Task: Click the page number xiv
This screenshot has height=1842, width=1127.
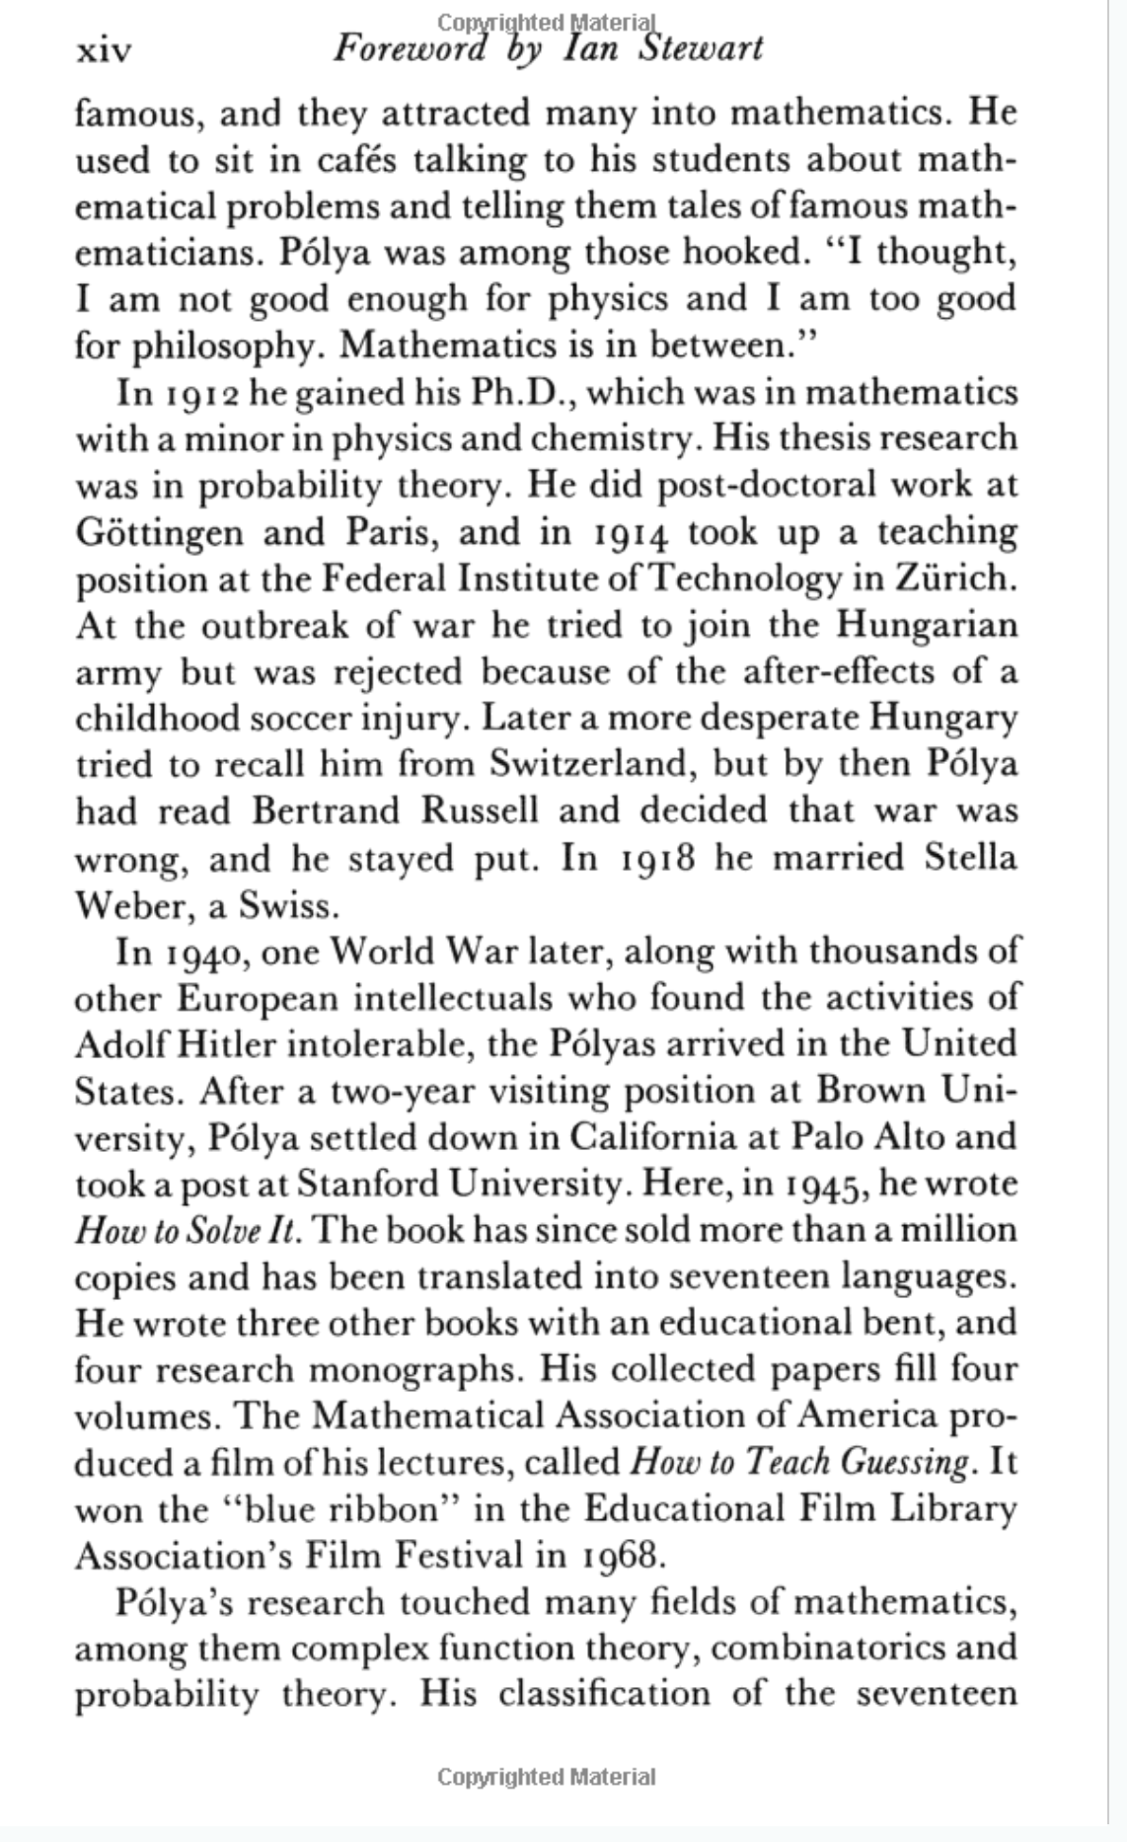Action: (103, 49)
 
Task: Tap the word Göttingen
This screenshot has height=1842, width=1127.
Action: (159, 534)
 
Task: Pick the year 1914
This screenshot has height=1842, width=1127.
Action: (625, 534)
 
